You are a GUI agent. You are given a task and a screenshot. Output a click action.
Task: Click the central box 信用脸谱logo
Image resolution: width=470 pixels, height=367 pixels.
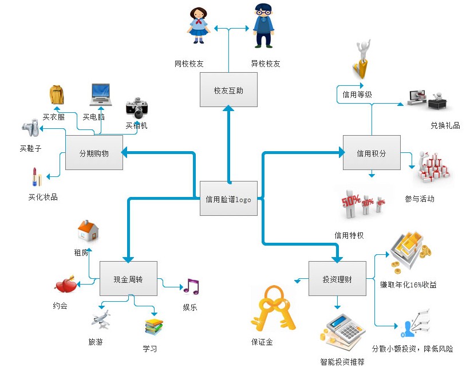pos(228,198)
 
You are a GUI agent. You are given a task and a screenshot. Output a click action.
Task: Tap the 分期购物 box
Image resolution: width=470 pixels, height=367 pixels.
pos(94,153)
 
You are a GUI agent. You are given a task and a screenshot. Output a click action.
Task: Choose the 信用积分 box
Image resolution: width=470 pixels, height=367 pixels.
pos(371,153)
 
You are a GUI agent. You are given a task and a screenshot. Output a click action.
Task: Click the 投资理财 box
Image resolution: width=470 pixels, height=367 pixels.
pos(337,279)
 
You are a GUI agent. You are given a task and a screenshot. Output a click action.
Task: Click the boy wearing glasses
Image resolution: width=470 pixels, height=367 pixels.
pos(263,26)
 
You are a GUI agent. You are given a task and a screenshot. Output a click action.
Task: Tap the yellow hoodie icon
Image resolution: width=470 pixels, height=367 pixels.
pos(57,96)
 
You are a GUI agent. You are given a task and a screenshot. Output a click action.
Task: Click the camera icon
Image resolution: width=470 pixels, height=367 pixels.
pos(137,107)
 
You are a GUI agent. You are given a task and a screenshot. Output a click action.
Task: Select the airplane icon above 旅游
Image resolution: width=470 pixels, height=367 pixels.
pos(101,319)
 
